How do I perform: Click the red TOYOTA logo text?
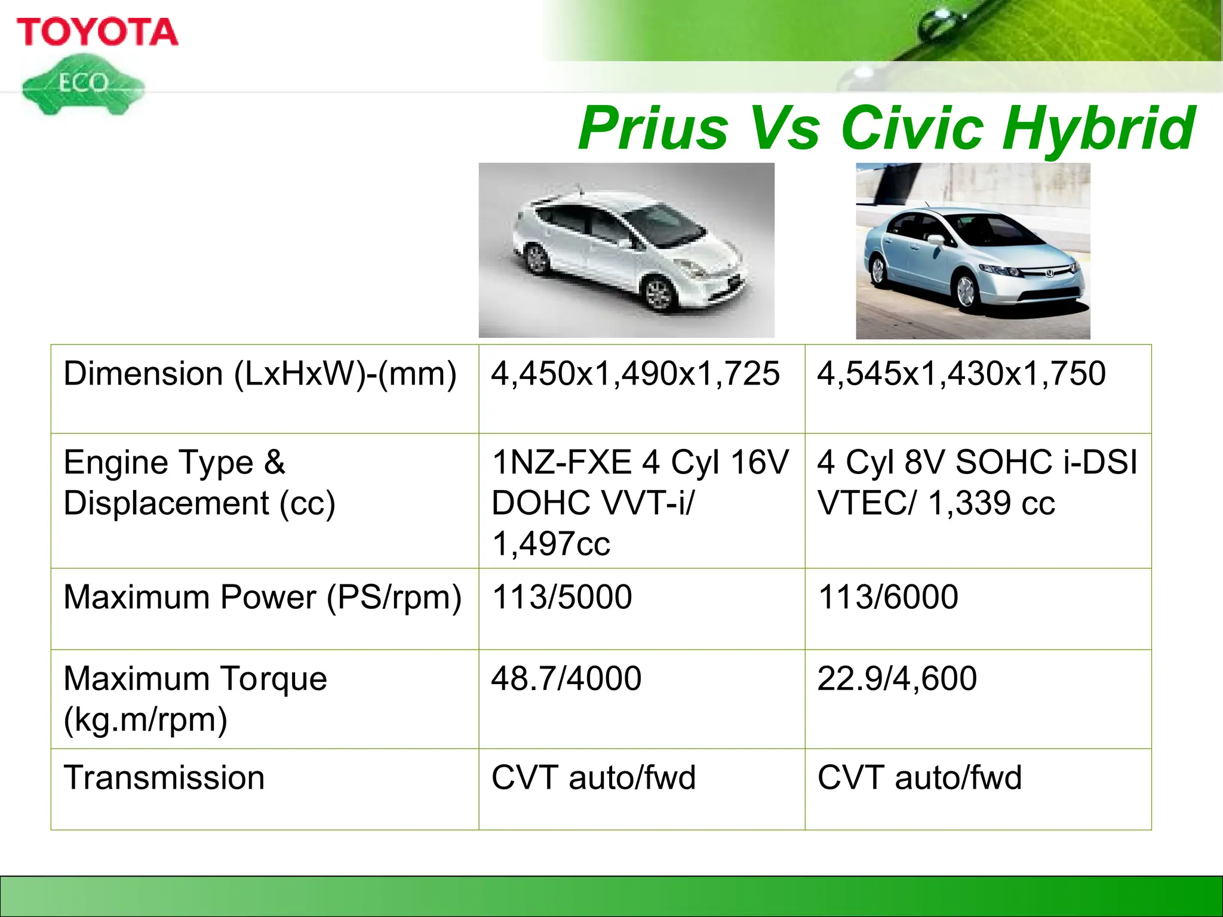pos(97,32)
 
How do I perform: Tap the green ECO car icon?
pos(83,85)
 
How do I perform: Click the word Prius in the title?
pos(653,128)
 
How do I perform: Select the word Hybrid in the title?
pos(1099,128)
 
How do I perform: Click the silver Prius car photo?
pos(626,251)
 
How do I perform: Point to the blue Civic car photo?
pos(973,251)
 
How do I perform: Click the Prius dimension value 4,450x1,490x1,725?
pos(635,374)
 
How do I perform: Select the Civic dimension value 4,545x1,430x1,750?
pos(961,374)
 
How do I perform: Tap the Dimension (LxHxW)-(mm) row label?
pos(260,374)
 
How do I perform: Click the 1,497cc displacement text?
pos(551,544)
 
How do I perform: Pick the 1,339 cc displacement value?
pos(991,503)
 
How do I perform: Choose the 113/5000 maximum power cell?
pos(561,597)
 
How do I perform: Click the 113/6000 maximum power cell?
pos(888,597)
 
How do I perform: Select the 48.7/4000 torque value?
pos(566,679)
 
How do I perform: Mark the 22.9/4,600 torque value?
pos(897,679)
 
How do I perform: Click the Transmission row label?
pos(164,778)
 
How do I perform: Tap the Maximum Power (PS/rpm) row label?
pos(262,598)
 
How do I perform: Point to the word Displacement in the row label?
pos(166,503)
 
